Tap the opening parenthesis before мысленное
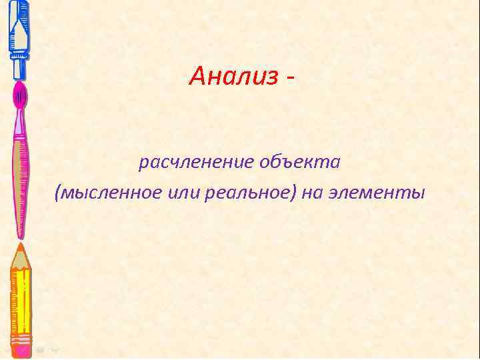point(59,194)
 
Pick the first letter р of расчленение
point(142,164)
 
